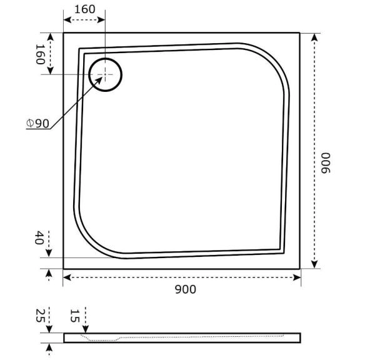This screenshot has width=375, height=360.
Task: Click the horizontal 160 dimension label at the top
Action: pyautogui.click(x=84, y=9)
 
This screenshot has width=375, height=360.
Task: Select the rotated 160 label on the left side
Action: pyautogui.click(x=39, y=54)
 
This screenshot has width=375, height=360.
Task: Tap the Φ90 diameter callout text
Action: pyautogui.click(x=37, y=123)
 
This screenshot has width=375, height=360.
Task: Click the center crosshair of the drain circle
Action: pyautogui.click(x=105, y=74)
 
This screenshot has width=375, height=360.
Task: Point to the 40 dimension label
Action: pyautogui.click(x=38, y=237)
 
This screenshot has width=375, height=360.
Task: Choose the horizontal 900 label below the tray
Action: pyautogui.click(x=185, y=289)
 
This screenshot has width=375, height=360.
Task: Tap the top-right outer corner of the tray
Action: pyautogui.click(x=300, y=32)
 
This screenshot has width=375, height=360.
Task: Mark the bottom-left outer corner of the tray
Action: pyautogui.click(x=64, y=269)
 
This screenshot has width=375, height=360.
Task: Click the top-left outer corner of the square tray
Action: pyautogui.click(x=64, y=32)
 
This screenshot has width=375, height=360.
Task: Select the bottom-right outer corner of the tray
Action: pyautogui.click(x=300, y=269)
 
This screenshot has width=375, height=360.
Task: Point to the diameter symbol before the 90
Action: pyautogui.click(x=30, y=123)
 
